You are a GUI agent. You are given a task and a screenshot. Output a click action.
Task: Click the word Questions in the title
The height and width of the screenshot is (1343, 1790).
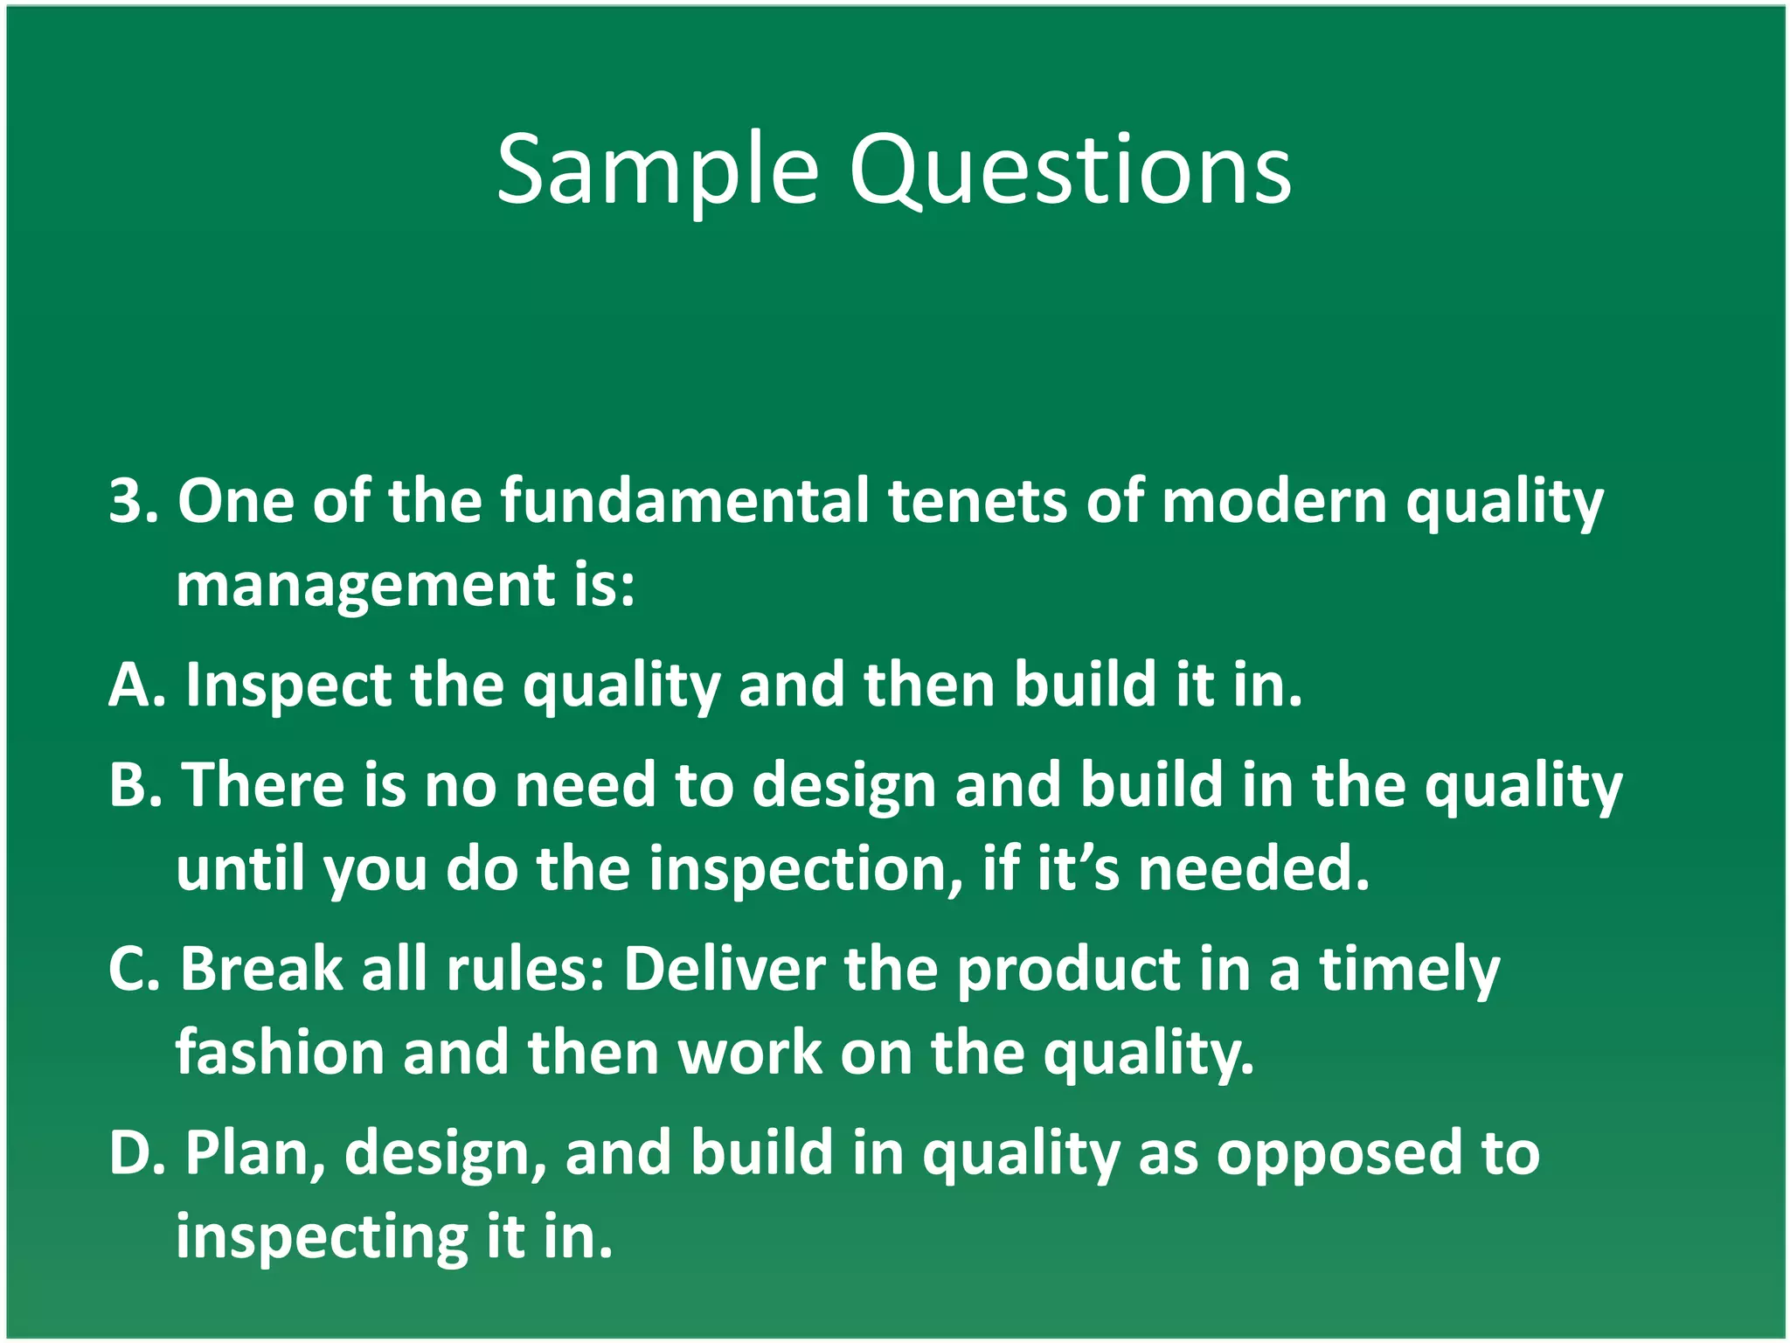pyautogui.click(x=1070, y=170)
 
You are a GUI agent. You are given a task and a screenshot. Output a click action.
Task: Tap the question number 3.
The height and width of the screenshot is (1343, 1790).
pyautogui.click(x=128, y=501)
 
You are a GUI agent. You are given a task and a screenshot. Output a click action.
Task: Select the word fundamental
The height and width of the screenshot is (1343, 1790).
pyautogui.click(x=684, y=501)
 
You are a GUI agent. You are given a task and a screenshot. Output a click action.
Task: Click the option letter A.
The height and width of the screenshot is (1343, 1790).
pyautogui.click(x=131, y=685)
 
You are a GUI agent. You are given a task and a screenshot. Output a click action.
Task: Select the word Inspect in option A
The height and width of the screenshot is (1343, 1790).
pyautogui.click(x=288, y=686)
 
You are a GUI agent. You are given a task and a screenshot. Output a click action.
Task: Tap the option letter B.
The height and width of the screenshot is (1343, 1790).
pyautogui.click(x=129, y=784)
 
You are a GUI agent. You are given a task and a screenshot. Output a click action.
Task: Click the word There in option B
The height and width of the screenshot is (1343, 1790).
pyautogui.click(x=263, y=784)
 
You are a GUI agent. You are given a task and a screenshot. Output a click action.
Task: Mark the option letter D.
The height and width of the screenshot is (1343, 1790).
pyautogui.click(x=131, y=1152)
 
